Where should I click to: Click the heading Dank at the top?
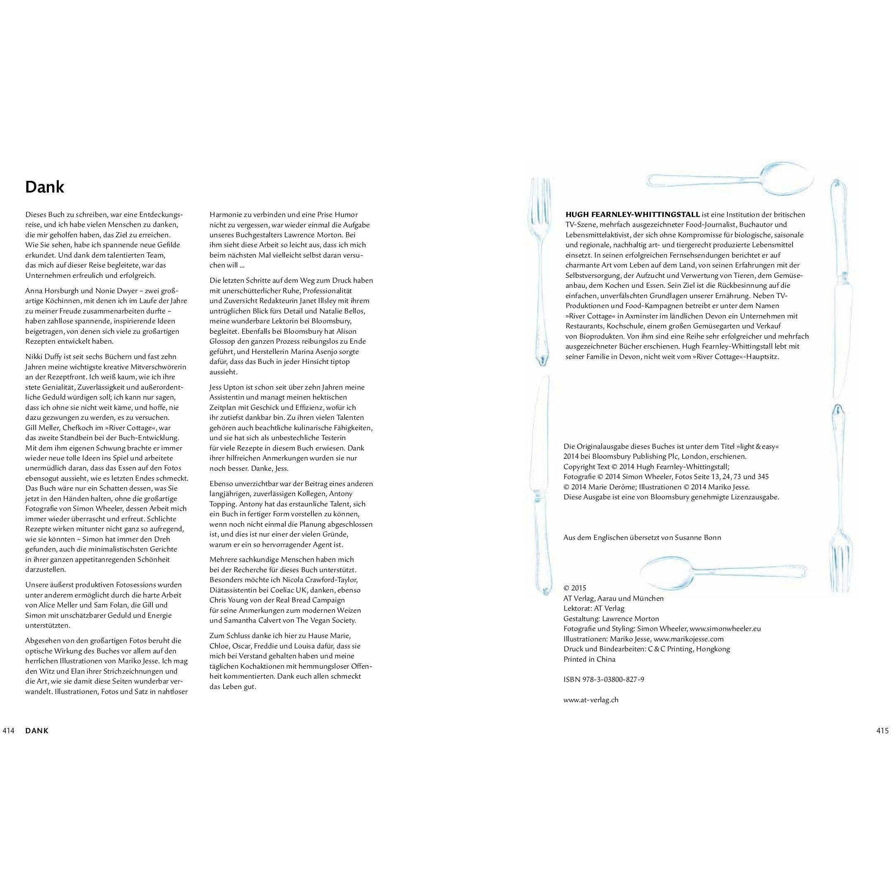(x=44, y=187)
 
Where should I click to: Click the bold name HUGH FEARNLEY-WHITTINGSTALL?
(x=633, y=214)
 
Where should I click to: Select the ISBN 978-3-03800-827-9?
(x=604, y=679)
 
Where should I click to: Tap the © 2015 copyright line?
(x=575, y=588)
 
